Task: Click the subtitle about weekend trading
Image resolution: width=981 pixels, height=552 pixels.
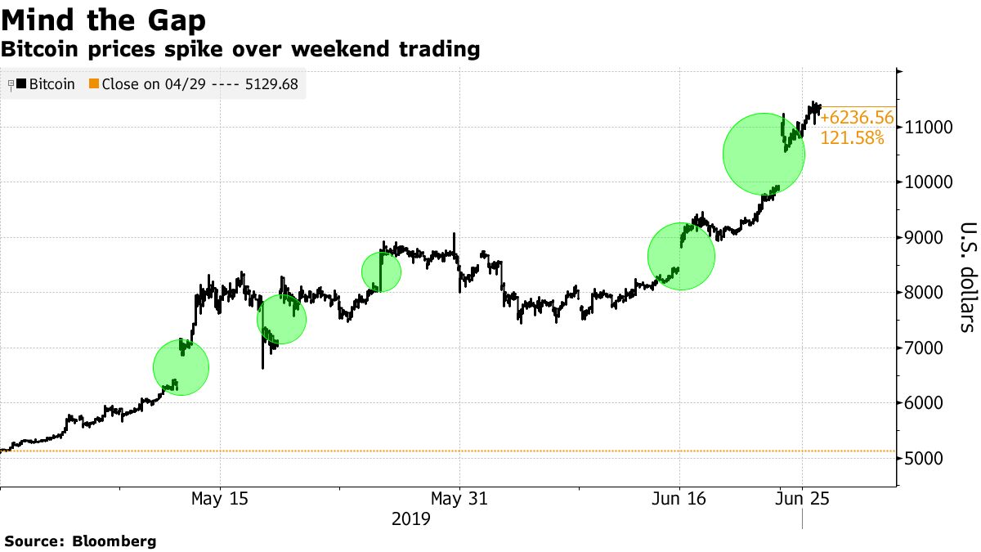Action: tap(240, 50)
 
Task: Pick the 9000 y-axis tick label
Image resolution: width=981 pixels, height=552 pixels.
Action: tap(927, 238)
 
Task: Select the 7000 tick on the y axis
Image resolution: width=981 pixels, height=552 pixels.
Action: tap(927, 348)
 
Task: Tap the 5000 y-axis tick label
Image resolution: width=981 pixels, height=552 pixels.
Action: tap(927, 459)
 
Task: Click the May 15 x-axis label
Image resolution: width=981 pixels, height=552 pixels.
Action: tap(220, 499)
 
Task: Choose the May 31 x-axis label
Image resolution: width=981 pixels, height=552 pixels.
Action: tap(460, 499)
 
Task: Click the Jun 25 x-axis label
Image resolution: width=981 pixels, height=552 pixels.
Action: tap(802, 499)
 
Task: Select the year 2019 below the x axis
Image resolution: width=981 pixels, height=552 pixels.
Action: tap(413, 519)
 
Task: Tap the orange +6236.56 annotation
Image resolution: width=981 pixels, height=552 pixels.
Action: tap(857, 119)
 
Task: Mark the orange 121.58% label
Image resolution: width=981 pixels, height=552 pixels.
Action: tap(851, 138)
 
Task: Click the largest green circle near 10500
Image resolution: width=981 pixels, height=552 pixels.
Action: tap(764, 154)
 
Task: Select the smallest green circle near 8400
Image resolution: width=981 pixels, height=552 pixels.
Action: tap(381, 272)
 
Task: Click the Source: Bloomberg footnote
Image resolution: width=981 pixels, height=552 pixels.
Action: tap(80, 541)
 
